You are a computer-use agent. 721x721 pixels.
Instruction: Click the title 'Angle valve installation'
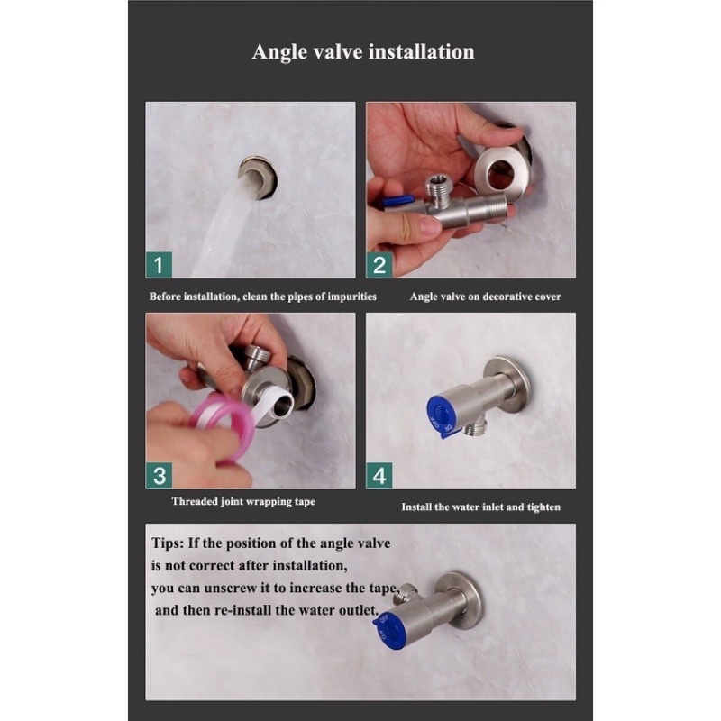click(x=363, y=51)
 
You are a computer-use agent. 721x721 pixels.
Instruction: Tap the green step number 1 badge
click(x=159, y=265)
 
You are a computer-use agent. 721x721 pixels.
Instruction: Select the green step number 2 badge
click(x=379, y=265)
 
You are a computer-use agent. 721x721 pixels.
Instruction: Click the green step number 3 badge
click(x=160, y=476)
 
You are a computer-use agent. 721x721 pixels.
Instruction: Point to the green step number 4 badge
click(x=379, y=476)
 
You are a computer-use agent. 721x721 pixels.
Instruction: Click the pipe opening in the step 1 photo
click(x=258, y=178)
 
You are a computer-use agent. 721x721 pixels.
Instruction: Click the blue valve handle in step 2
click(x=397, y=200)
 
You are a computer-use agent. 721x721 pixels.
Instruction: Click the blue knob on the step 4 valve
click(x=441, y=414)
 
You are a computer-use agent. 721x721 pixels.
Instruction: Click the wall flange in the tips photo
click(x=460, y=598)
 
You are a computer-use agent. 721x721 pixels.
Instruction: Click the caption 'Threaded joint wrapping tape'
click(x=243, y=501)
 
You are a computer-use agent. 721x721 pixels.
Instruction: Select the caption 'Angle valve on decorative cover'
click(x=485, y=297)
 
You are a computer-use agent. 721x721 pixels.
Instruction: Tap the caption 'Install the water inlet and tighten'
click(x=480, y=507)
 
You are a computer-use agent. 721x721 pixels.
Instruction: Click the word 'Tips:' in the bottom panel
click(x=168, y=543)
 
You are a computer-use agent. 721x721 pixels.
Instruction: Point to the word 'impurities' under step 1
click(x=351, y=297)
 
